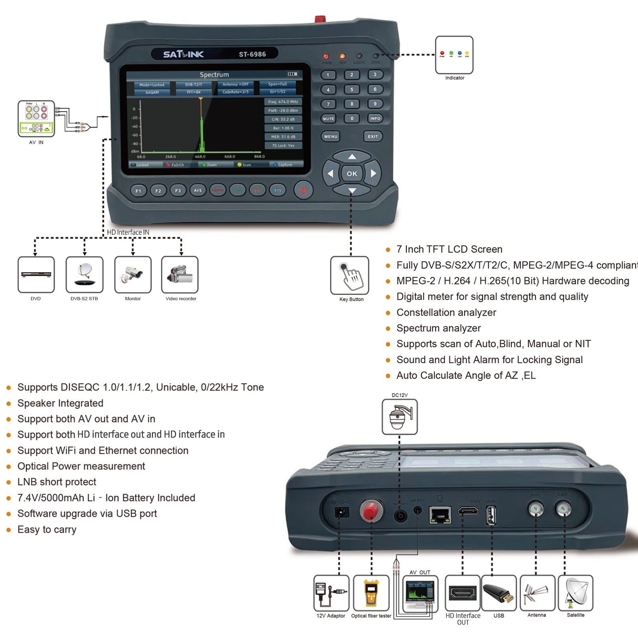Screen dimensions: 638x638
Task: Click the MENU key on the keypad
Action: tap(330, 136)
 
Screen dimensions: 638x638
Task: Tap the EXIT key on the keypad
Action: tap(373, 136)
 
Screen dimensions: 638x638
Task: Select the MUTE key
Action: tap(328, 119)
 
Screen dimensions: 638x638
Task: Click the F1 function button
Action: tap(138, 191)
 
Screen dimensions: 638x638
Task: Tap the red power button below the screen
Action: tap(303, 190)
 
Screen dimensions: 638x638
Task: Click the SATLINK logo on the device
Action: tap(183, 54)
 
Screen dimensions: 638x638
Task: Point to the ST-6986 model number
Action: tap(252, 54)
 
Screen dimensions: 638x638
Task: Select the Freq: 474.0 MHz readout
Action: tap(283, 102)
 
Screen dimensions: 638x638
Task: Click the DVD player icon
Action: tap(36, 275)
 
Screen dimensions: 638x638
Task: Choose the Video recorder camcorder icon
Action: tap(180, 275)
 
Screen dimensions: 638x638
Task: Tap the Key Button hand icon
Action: tap(350, 275)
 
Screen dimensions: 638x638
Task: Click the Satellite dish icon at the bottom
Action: tap(576, 593)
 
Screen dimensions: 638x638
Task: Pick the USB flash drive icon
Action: tap(499, 593)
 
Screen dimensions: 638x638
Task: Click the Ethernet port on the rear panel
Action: tap(440, 515)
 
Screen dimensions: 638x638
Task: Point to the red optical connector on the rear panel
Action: tap(371, 511)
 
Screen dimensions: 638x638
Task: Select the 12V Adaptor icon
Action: tap(331, 593)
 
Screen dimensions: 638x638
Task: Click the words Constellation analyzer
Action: tap(446, 312)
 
